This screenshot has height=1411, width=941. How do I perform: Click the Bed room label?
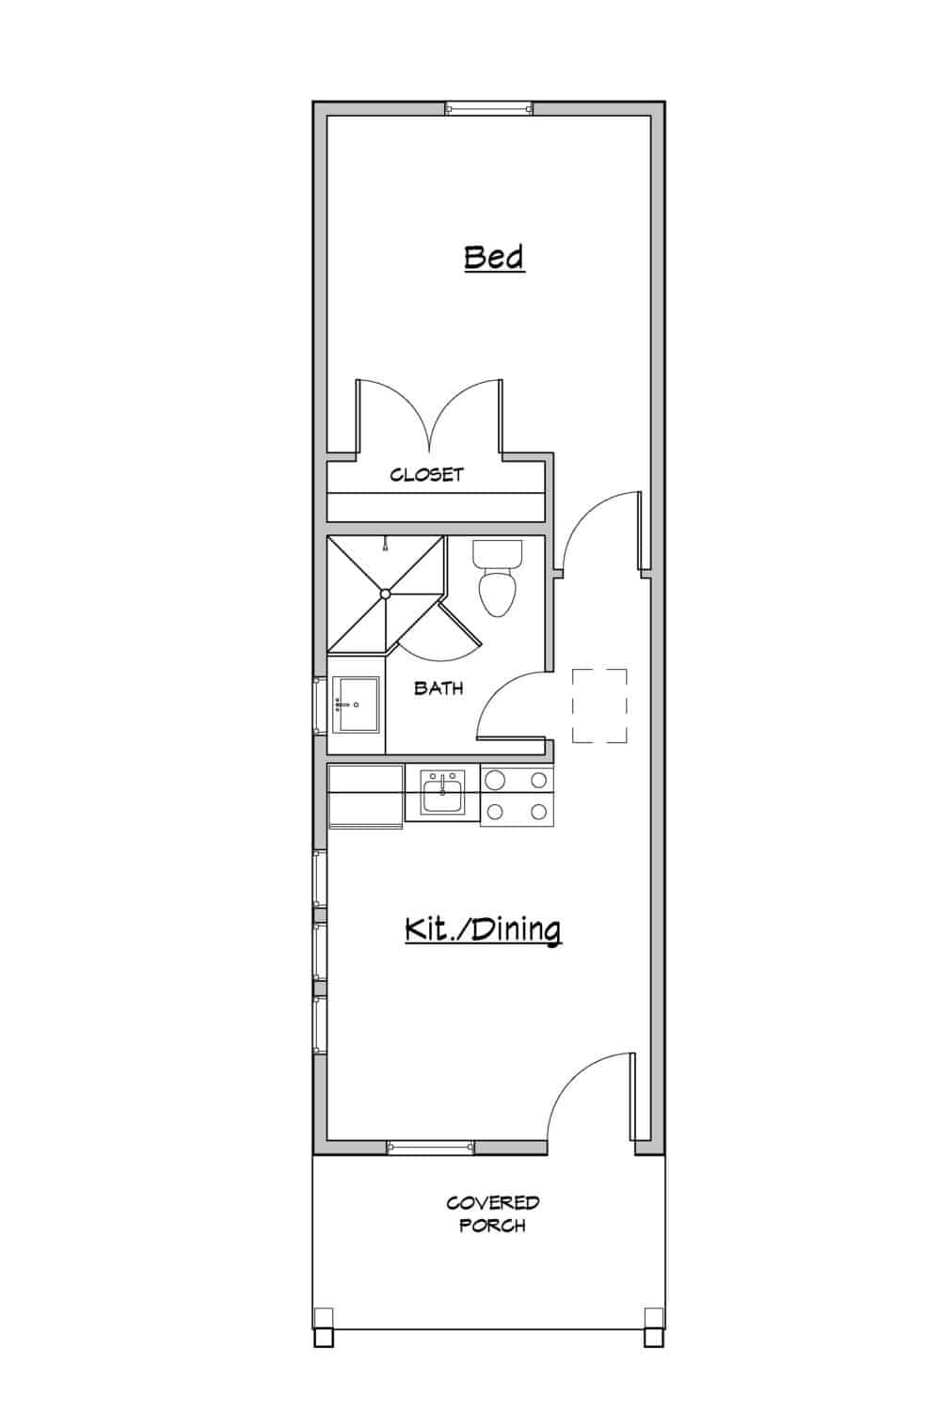click(494, 257)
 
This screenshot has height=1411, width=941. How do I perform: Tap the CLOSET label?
click(427, 475)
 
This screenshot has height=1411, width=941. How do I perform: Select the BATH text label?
click(439, 688)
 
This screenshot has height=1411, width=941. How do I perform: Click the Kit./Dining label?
click(483, 929)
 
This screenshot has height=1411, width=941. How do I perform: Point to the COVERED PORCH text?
click(492, 1213)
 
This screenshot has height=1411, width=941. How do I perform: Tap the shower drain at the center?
click(385, 593)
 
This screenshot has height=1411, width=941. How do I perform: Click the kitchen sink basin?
click(442, 793)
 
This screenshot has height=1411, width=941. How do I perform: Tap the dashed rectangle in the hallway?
click(599, 705)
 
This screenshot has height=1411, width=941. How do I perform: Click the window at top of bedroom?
click(488, 108)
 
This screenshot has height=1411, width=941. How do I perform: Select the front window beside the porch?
click(430, 1147)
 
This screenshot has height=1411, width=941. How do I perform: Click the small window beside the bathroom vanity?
click(318, 704)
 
